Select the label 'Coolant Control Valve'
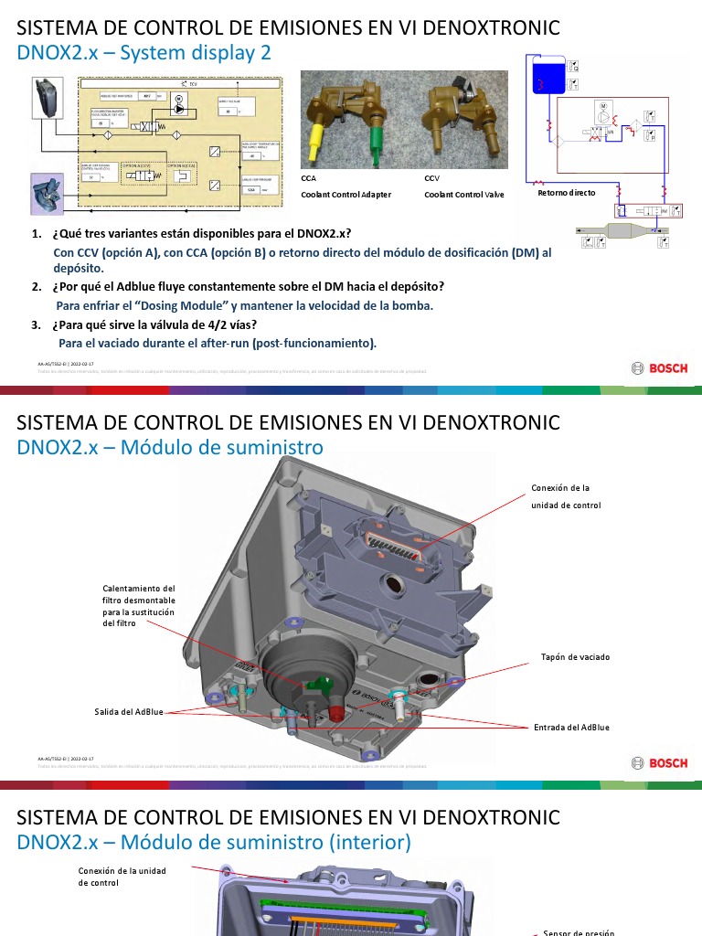tap(465, 194)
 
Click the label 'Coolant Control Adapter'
tap(346, 194)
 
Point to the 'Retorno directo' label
tap(566, 193)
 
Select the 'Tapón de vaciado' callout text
tap(575, 656)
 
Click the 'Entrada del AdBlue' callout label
tap(571, 728)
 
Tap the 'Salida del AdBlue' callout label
tap(129, 711)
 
